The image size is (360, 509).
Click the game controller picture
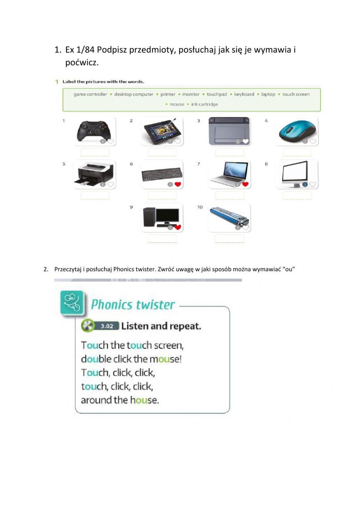click(95, 131)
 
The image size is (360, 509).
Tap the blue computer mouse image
click(297, 131)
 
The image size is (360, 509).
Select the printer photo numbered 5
click(95, 174)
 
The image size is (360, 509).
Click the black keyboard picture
click(162, 174)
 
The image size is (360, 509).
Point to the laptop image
click(229, 174)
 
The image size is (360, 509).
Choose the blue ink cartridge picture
click(229, 217)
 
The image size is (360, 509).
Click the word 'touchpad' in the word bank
click(217, 94)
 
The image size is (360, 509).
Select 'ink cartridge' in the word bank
click(204, 104)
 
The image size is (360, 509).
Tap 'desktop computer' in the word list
click(134, 94)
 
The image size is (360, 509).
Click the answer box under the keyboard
click(162, 196)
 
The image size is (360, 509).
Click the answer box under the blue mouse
click(297, 152)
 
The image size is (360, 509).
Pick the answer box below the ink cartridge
click(230, 239)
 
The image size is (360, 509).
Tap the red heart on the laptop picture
click(246, 184)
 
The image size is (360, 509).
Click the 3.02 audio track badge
click(107, 326)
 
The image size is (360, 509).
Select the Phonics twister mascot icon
click(72, 303)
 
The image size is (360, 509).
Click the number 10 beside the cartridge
click(200, 207)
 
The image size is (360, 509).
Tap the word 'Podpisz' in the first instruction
click(112, 50)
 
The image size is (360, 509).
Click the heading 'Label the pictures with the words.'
click(103, 82)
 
